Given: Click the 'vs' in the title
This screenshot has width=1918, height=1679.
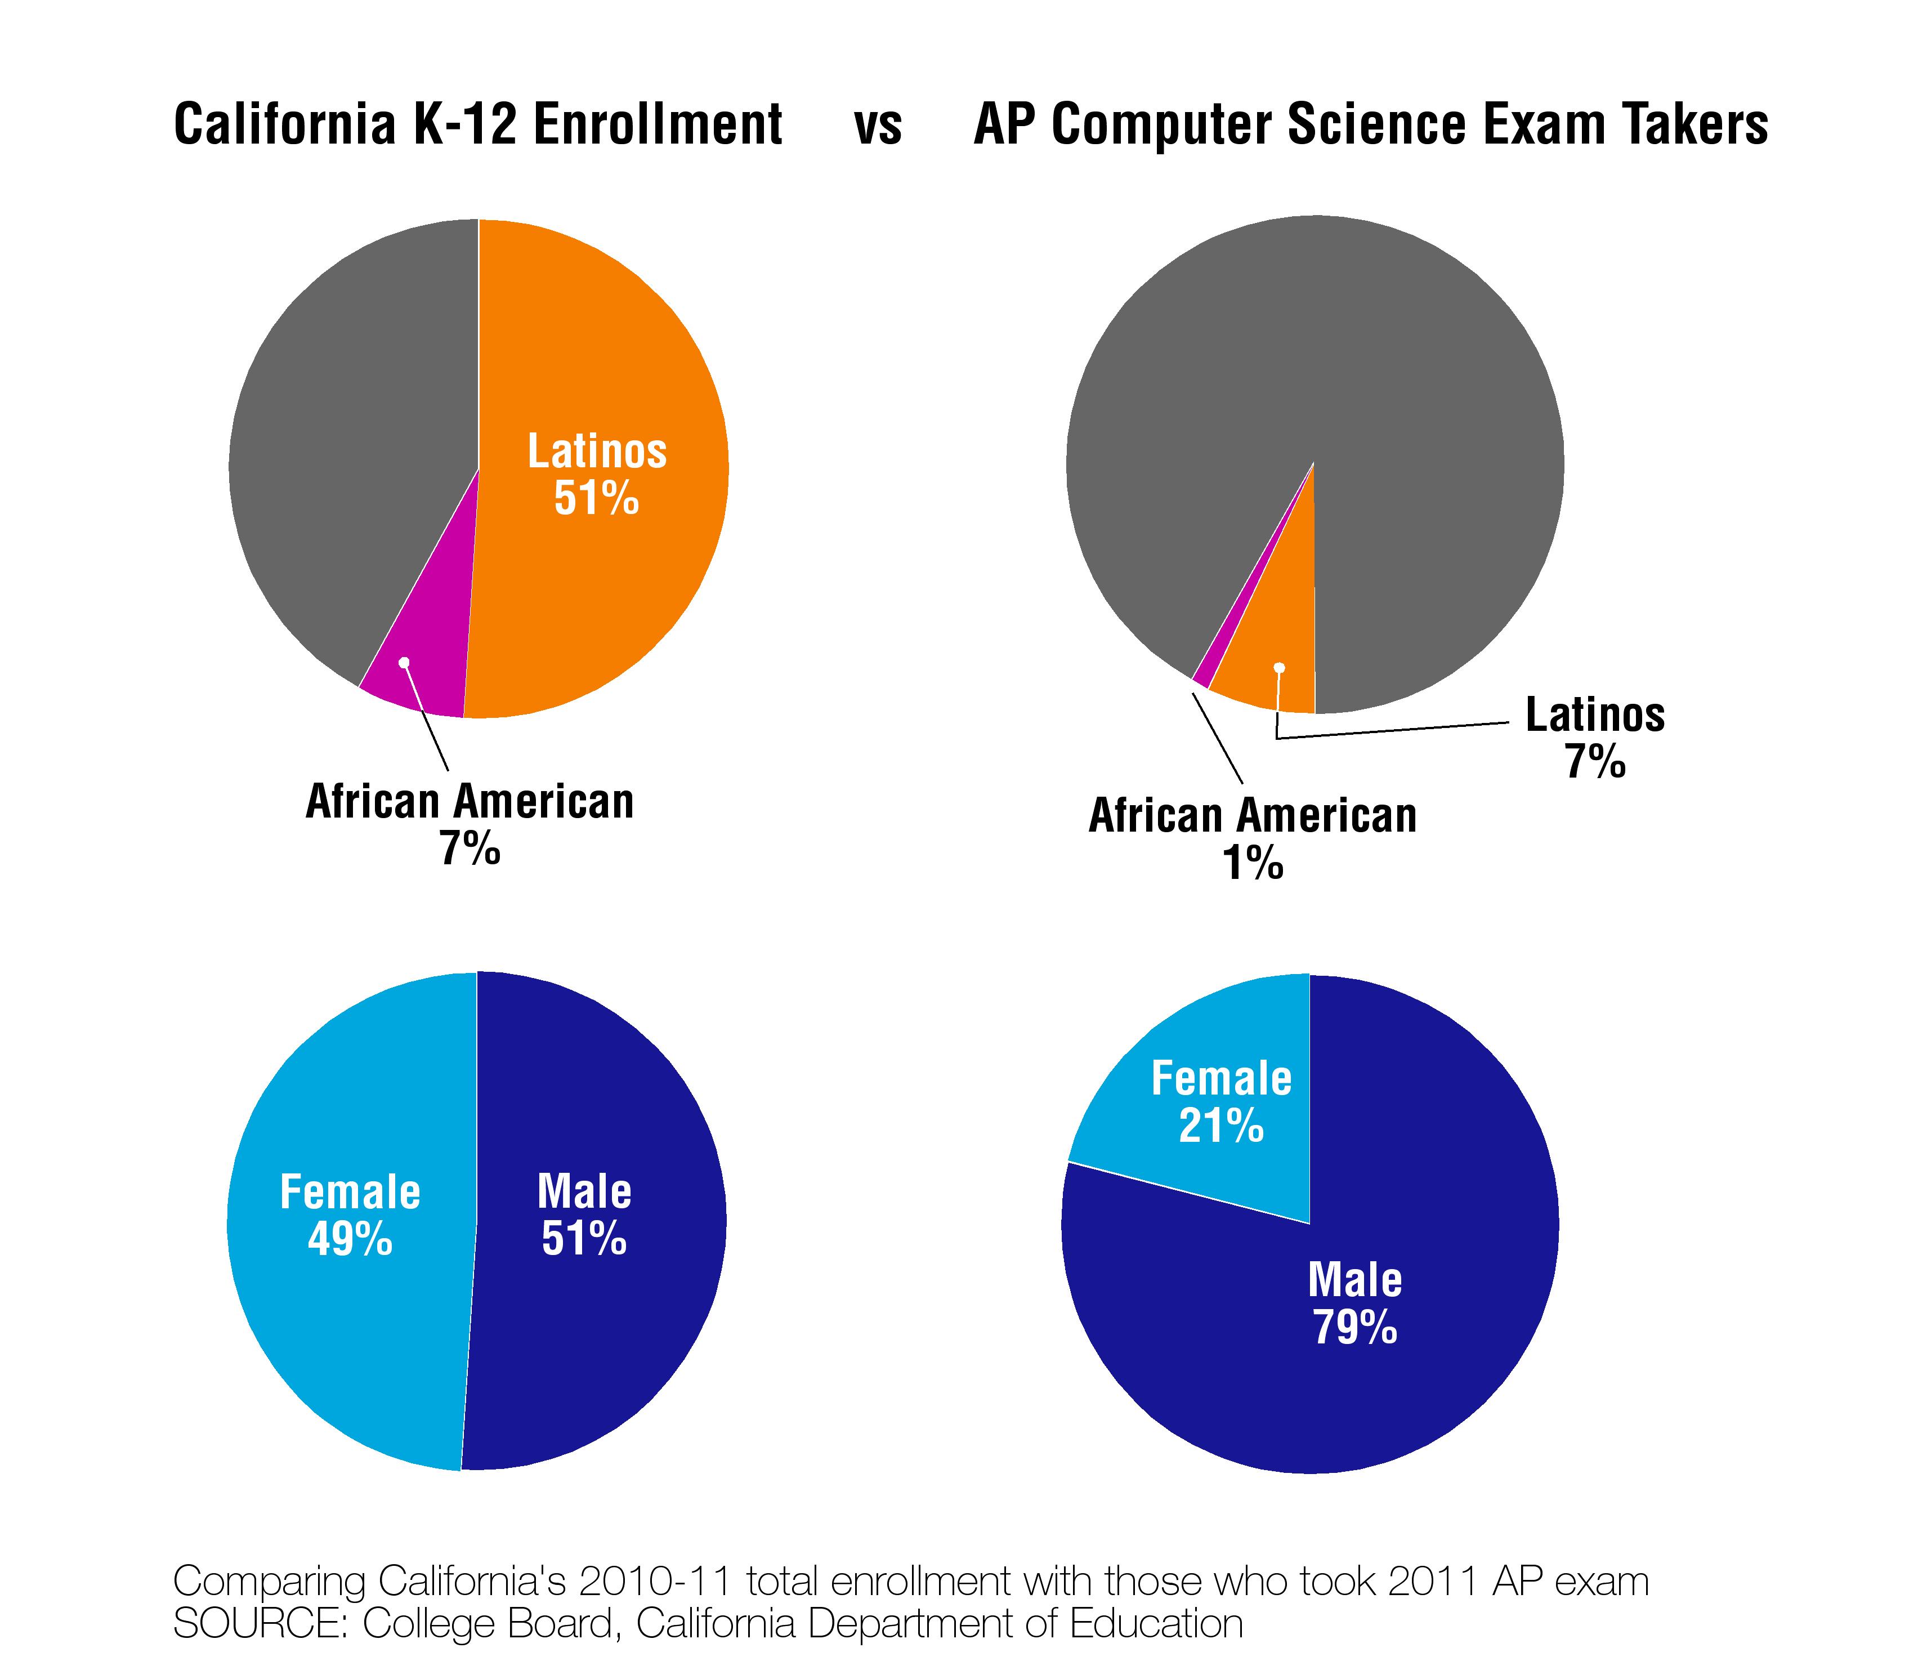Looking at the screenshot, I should coord(878,126).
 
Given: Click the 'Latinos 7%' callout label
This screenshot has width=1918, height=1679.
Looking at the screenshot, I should coord(1595,738).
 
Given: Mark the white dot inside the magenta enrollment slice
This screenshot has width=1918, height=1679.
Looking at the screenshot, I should coord(404,662).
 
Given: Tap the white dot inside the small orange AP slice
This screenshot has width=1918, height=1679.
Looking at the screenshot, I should coord(1279,667).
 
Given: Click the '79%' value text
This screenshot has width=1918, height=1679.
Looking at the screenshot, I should coord(1355,1328).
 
